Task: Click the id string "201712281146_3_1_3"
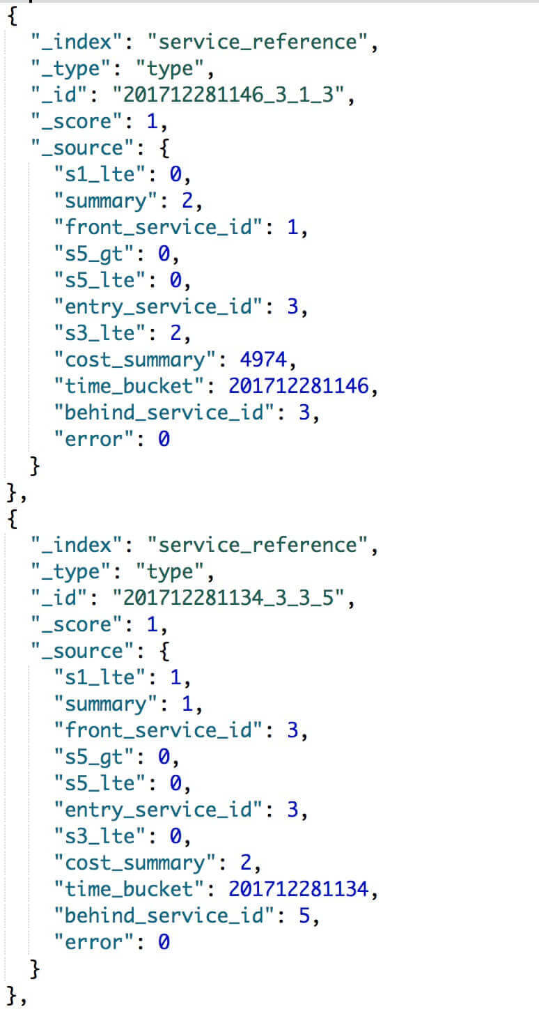tap(233, 95)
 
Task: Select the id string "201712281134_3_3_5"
tap(233, 598)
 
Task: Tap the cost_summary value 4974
tap(258, 360)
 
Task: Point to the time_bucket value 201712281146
tap(298, 387)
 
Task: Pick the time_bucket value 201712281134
tap(298, 889)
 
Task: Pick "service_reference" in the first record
tap(263, 43)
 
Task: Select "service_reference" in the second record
tap(263, 545)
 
